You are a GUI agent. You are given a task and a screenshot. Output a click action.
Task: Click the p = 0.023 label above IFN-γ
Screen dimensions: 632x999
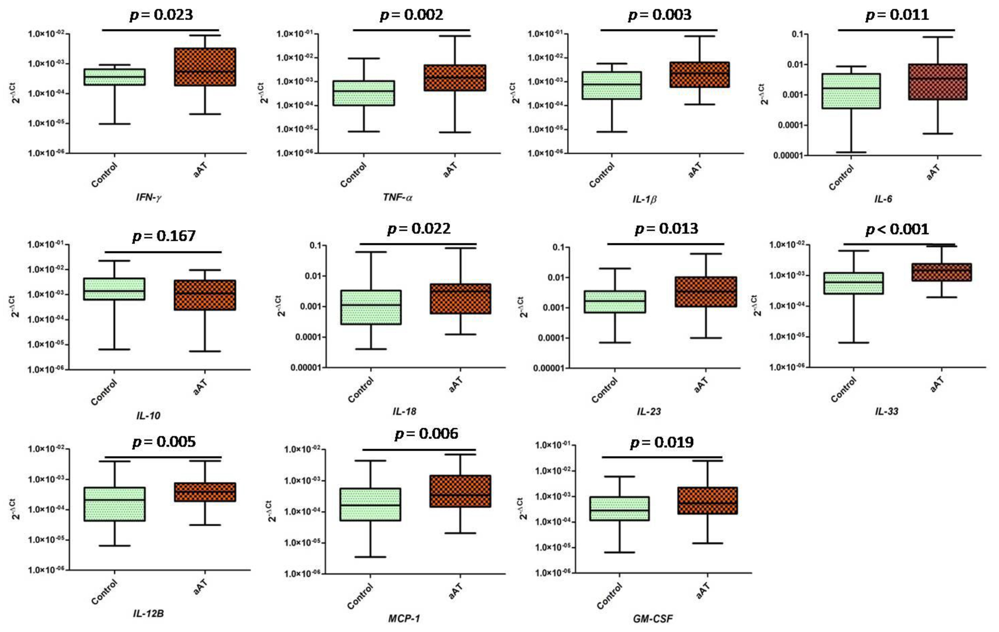[x=161, y=15]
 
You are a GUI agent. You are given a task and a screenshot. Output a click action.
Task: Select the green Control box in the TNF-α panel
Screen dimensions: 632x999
[x=364, y=93]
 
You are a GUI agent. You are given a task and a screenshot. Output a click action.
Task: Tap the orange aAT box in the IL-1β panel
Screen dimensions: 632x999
[x=699, y=75]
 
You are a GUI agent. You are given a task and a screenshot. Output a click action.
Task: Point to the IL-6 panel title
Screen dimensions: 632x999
[x=883, y=199]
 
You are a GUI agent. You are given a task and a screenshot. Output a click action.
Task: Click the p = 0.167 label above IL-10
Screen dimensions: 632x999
[x=164, y=236]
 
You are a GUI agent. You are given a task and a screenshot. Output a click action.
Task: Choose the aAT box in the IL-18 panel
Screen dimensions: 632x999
[x=460, y=299]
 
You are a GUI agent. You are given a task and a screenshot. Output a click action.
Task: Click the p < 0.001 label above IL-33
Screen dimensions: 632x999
[x=897, y=229]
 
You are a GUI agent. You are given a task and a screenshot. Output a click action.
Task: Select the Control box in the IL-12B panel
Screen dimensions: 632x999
[x=115, y=504]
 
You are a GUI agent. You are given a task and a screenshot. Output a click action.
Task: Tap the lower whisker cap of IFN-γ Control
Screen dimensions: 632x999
[x=115, y=124]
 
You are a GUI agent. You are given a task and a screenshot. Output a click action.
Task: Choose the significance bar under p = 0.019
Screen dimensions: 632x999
[x=662, y=457]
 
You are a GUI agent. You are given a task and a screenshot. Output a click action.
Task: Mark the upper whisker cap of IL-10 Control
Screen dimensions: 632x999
[x=115, y=261]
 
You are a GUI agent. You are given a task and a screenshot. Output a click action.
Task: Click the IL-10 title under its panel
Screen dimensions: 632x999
[x=148, y=415]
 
